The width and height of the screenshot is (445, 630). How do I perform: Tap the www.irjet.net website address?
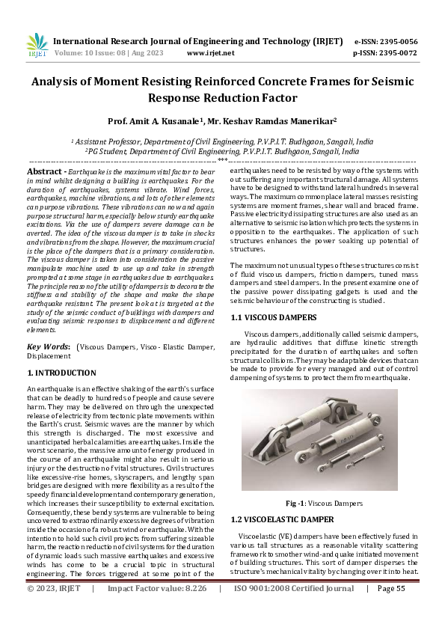[210, 53]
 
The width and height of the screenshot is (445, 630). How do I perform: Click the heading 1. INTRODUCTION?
[61, 372]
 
